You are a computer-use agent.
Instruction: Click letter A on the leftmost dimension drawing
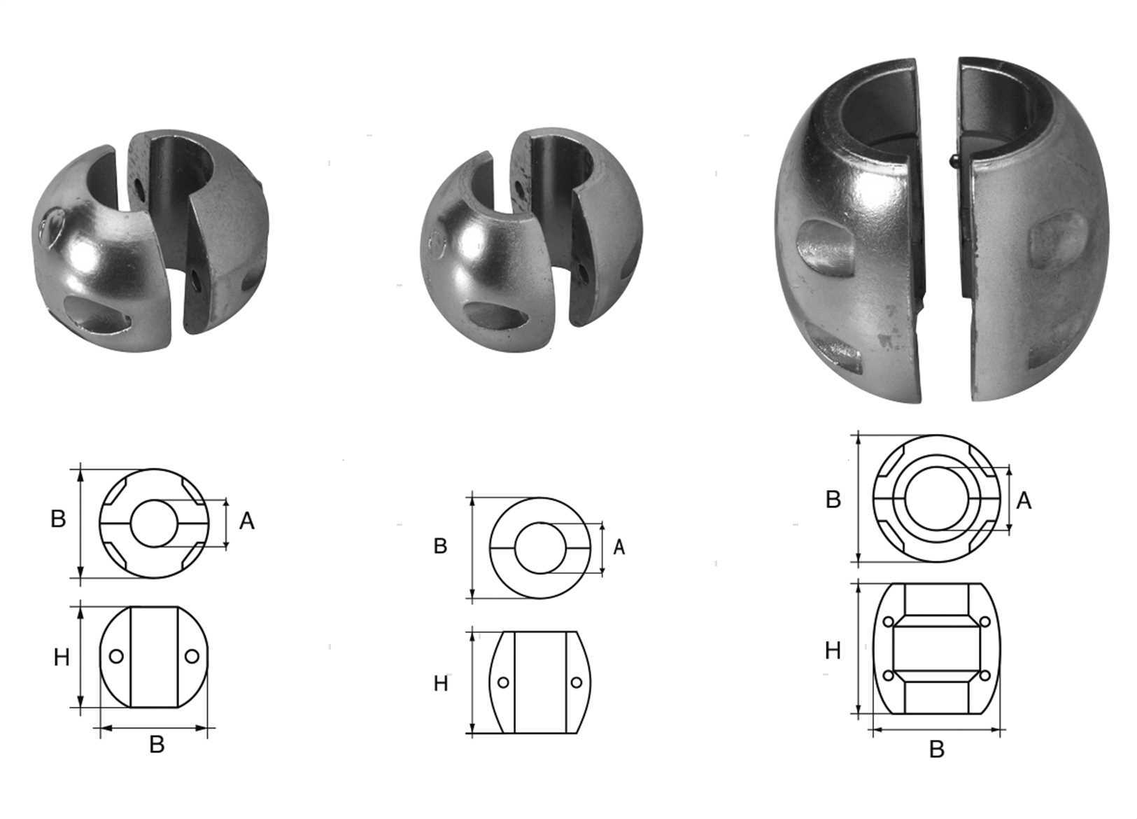tap(247, 521)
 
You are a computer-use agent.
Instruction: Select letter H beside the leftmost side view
tap(62, 658)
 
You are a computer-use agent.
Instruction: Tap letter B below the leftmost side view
tap(157, 745)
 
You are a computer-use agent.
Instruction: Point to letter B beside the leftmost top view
tap(58, 519)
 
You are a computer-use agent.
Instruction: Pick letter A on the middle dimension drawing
tap(619, 547)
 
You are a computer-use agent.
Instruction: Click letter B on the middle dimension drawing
tap(441, 546)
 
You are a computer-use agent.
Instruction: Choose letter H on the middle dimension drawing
tap(441, 684)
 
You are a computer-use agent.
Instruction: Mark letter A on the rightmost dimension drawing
tap(1024, 501)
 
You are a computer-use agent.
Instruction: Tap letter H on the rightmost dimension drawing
tap(833, 651)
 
